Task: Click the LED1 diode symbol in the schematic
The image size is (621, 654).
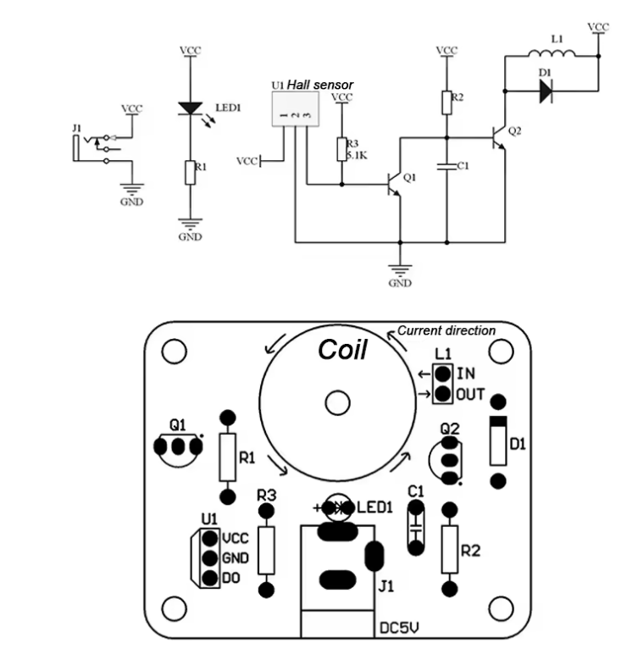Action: (190, 108)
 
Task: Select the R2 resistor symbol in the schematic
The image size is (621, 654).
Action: (446, 103)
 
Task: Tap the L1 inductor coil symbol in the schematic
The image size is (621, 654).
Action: (552, 53)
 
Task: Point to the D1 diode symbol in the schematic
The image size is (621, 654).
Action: (546, 91)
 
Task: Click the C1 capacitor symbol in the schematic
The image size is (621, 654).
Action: (446, 166)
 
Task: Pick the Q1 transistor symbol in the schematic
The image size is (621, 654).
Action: (393, 185)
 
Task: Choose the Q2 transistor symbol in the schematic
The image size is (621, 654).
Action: (498, 137)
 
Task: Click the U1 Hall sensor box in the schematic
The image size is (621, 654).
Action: (296, 109)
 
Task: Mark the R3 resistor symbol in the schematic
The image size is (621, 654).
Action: (342, 149)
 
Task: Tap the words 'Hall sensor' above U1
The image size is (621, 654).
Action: (320, 85)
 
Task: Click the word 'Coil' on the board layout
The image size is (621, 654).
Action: (342, 350)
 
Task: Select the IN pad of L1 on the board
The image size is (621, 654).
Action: (442, 374)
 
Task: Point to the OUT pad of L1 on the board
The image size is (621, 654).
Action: (442, 394)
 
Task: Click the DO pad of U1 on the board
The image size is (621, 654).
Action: (210, 578)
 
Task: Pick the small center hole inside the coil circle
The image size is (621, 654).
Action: (337, 403)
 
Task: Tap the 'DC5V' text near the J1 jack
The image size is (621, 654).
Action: (399, 627)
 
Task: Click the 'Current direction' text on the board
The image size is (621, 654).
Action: (446, 330)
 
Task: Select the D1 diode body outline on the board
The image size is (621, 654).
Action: (498, 441)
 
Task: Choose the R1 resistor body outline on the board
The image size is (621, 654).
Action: (228, 457)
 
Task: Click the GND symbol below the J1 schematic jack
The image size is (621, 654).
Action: (132, 190)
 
